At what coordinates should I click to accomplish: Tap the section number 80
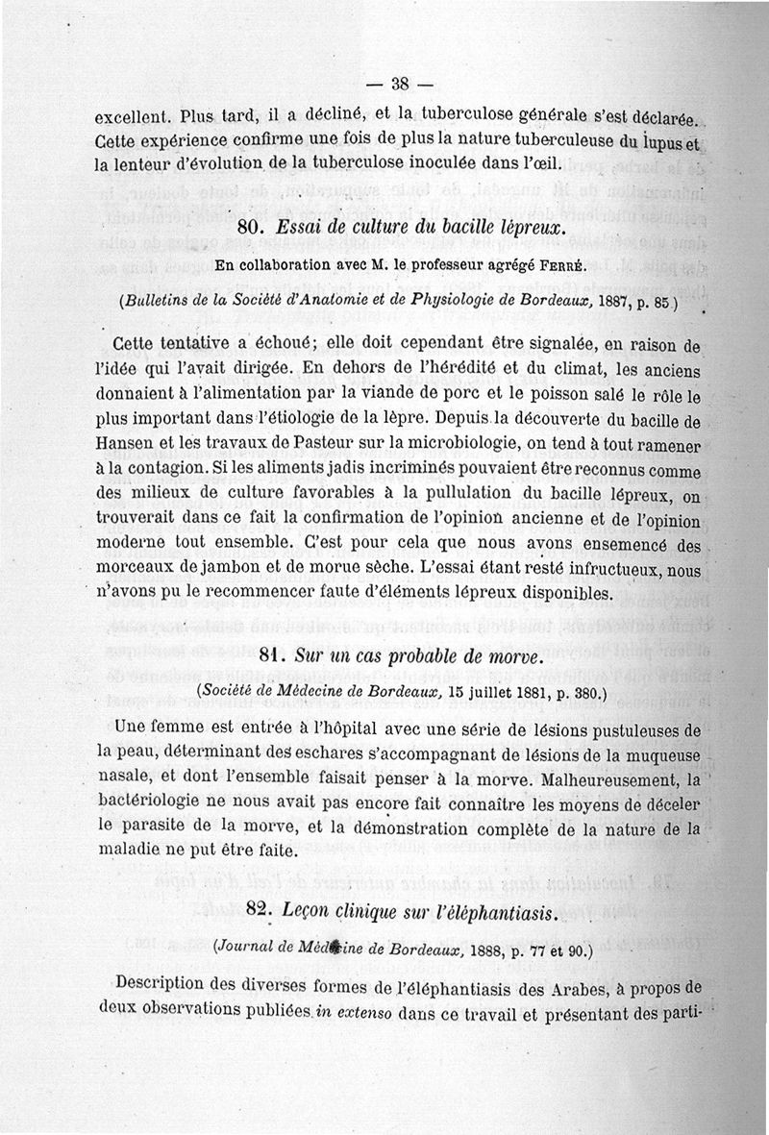(x=254, y=232)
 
